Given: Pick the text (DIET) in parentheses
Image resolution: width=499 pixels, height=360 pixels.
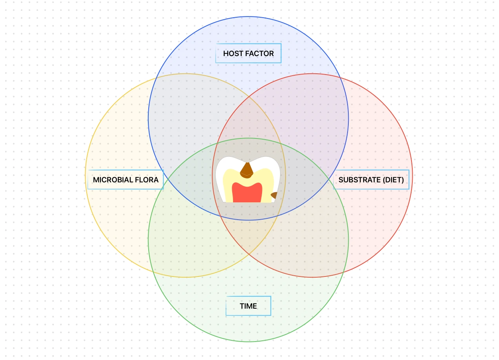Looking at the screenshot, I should pyautogui.click(x=393, y=180).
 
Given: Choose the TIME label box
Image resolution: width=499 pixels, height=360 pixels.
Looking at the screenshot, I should pyautogui.click(x=248, y=306).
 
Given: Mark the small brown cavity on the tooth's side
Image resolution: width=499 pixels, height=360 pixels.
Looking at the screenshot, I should pyautogui.click(x=274, y=195).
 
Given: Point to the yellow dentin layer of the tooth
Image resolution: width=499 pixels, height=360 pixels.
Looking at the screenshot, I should pyautogui.click(x=228, y=184).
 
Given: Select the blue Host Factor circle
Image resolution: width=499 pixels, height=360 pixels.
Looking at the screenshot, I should pyautogui.click(x=248, y=31).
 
